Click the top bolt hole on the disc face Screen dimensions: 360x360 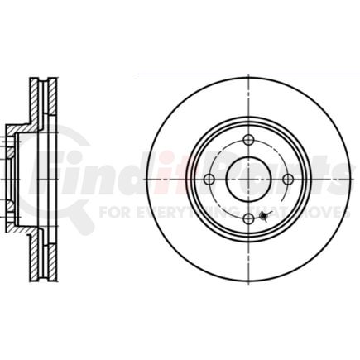(x=249, y=140)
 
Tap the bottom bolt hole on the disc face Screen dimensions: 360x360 (x=249, y=218)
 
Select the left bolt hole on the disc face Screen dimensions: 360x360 (x=209, y=180)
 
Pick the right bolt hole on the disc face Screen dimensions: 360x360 (x=288, y=180)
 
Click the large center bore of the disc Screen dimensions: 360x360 (x=249, y=180)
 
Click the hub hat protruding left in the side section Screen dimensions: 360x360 (x=12, y=178)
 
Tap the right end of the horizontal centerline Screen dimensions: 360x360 (x=353, y=180)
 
